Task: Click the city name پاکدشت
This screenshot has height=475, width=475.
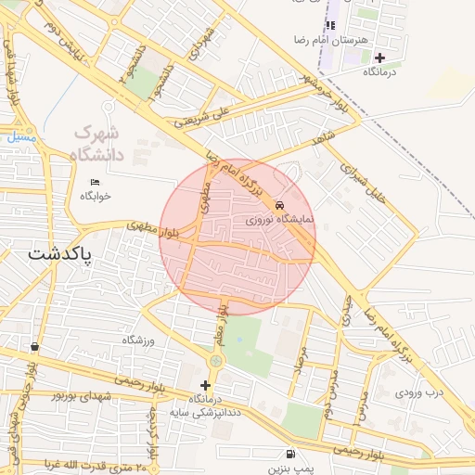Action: (x=61, y=253)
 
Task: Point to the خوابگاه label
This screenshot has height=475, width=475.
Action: (x=95, y=196)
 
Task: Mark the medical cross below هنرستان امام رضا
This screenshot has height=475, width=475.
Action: (x=379, y=58)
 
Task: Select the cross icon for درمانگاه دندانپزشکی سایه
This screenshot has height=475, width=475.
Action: (x=205, y=385)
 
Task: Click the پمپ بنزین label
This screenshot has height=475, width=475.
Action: (x=292, y=469)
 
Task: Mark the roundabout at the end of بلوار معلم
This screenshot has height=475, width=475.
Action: (x=216, y=360)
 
